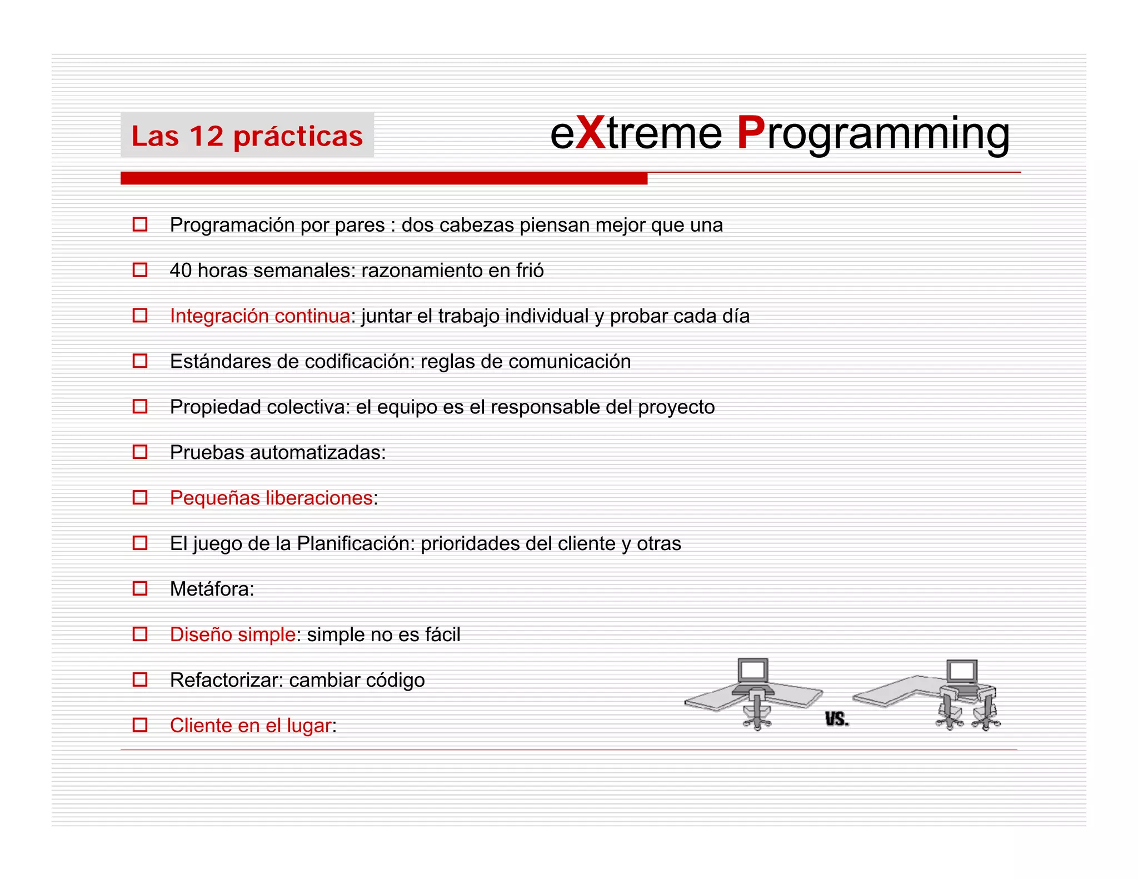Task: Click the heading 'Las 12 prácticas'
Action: [247, 136]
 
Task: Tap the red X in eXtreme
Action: [590, 133]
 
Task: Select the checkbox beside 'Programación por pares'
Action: [140, 224]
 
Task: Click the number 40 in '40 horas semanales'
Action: [181, 270]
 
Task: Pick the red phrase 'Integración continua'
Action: [259, 316]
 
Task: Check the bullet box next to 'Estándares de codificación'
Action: [140, 361]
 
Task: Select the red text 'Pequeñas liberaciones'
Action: [271, 498]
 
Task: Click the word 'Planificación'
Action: [356, 543]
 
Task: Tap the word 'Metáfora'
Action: [210, 589]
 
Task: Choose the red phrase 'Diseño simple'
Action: [232, 635]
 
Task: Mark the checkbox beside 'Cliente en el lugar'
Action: [140, 725]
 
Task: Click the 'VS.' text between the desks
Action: [836, 720]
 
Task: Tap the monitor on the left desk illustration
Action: [753, 670]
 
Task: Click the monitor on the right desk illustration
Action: [962, 671]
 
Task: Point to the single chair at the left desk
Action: [757, 711]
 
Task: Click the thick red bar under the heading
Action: [383, 178]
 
